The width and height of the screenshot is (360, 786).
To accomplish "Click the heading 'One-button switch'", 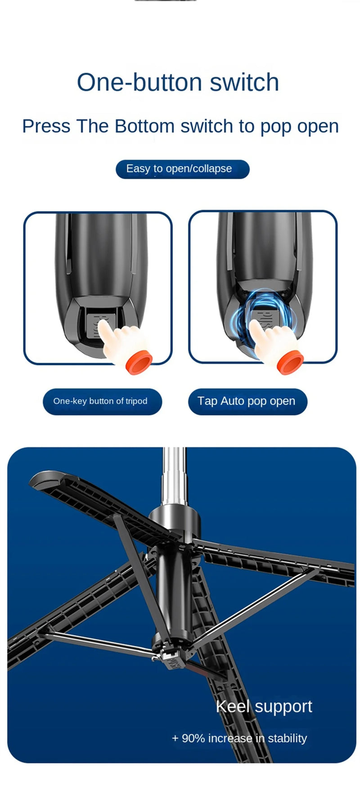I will coord(178,82).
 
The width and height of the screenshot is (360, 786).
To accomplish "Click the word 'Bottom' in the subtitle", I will coord(144,126).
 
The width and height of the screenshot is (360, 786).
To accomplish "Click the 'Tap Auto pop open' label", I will coord(247,401).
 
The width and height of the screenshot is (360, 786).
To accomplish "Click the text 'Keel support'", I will coord(264,706).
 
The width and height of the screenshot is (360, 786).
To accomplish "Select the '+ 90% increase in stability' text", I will coord(239,738).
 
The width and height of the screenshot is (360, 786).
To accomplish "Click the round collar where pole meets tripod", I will coord(174,517).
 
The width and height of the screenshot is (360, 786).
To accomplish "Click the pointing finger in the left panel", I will coord(112,336).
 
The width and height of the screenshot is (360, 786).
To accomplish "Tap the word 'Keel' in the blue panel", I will coord(232,706).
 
